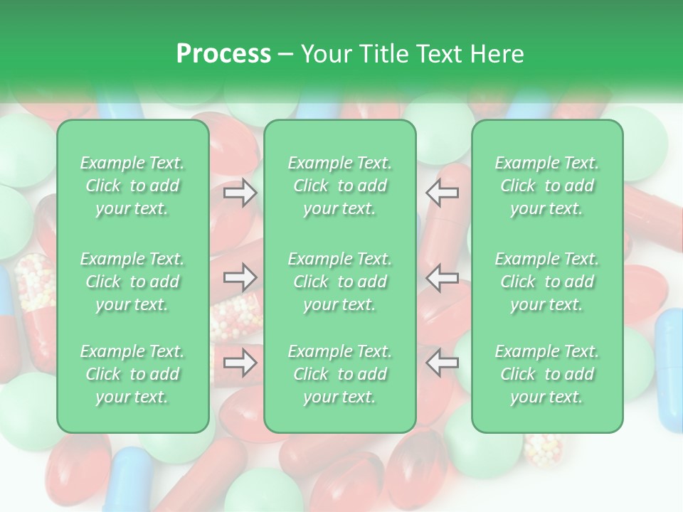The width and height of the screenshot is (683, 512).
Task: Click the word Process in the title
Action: (x=223, y=54)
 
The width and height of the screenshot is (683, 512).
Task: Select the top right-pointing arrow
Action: (x=240, y=193)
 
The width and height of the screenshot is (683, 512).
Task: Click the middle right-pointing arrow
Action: (x=240, y=277)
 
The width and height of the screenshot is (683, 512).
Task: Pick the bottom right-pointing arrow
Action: (x=240, y=363)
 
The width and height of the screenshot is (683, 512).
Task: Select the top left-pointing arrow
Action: (x=443, y=193)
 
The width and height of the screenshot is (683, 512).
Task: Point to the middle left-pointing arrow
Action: (x=443, y=277)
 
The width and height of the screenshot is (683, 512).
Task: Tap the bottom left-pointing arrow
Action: (x=443, y=363)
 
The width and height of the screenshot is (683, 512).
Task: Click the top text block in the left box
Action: (x=132, y=186)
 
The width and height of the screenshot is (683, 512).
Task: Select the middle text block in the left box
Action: (x=132, y=282)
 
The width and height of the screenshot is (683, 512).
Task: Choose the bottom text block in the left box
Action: (x=132, y=374)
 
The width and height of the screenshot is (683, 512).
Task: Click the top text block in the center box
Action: (x=340, y=186)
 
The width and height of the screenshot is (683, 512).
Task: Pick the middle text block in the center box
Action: (x=340, y=282)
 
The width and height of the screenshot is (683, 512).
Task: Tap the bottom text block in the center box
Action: (x=340, y=374)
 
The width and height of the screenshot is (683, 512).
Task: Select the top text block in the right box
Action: (x=547, y=186)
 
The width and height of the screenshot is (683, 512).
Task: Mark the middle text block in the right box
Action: (x=547, y=282)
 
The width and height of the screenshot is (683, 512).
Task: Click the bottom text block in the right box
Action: (x=547, y=374)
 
